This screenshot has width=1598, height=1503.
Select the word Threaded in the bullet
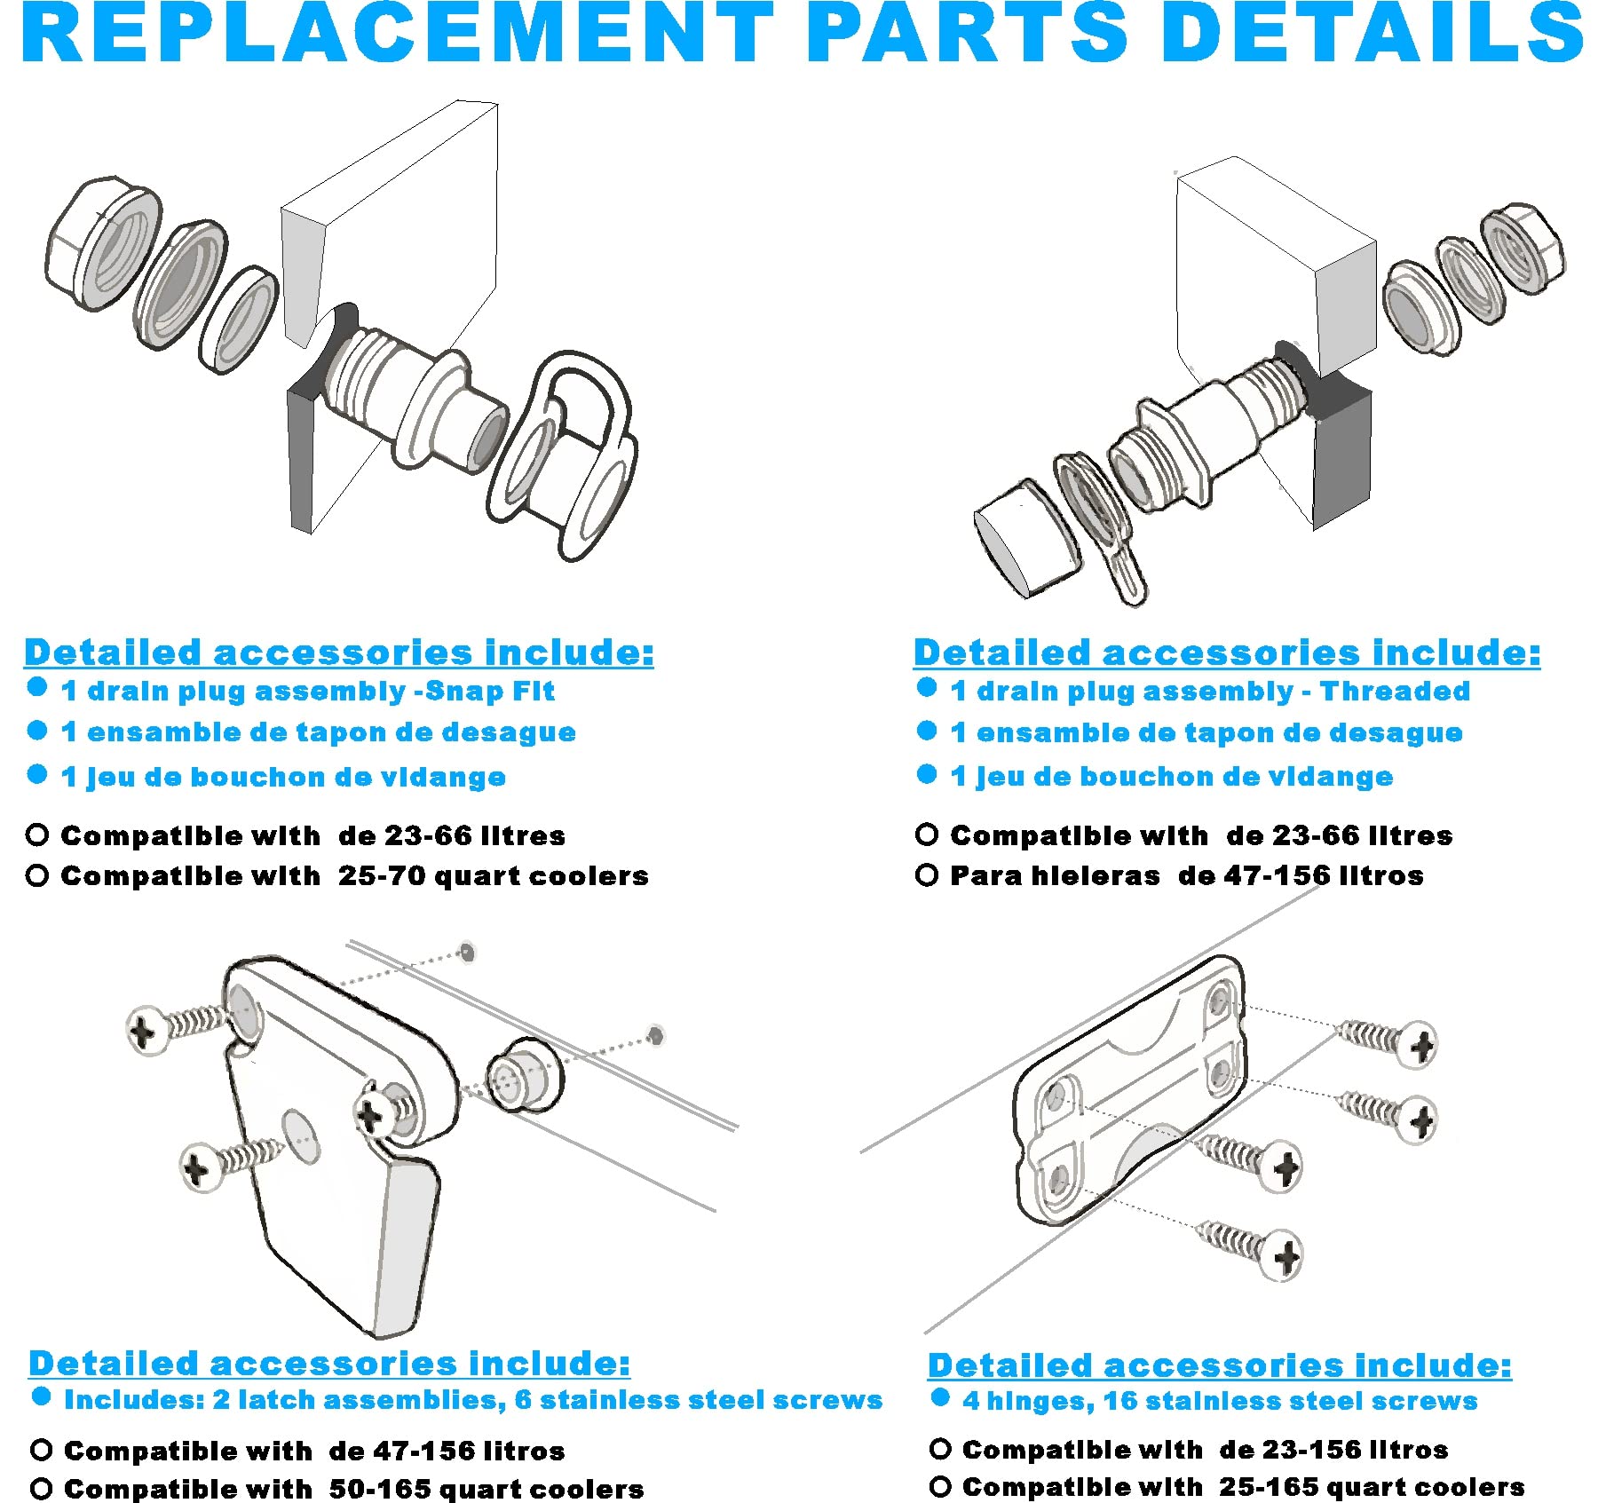pos(1394,692)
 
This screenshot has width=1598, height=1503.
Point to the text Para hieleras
pos(1054,876)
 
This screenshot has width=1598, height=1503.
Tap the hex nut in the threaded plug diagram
pos(1522,249)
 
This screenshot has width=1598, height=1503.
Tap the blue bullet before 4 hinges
pos(940,1398)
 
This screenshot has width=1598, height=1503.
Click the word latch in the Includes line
pos(275,1401)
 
